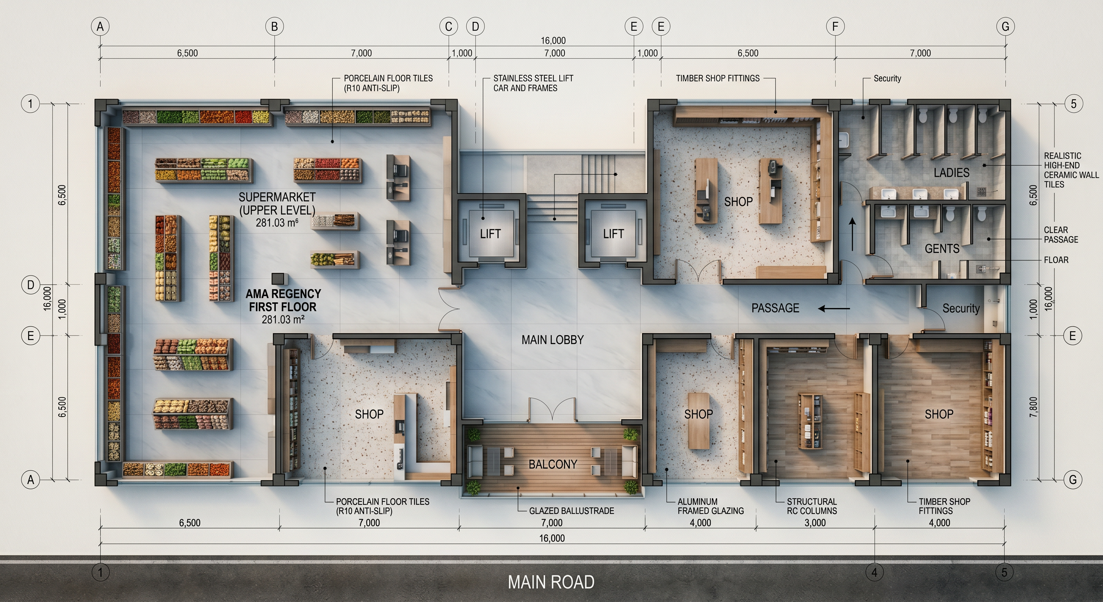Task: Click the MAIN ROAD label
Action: point(551,582)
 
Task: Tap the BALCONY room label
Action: point(553,464)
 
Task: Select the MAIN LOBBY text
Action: point(552,340)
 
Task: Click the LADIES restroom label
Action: point(951,173)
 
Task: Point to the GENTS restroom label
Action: point(942,248)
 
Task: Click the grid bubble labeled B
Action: point(275,27)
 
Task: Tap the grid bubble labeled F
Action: point(835,27)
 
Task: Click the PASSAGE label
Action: point(775,308)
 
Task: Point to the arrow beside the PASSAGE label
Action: point(834,308)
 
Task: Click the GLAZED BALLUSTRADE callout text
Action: point(571,511)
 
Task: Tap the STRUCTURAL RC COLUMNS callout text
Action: point(812,506)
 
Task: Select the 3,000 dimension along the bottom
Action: point(815,523)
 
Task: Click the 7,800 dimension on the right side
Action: point(1033,407)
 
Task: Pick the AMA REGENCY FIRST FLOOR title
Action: point(283,300)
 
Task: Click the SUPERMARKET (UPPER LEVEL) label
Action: point(277,203)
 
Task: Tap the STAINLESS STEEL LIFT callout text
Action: point(533,83)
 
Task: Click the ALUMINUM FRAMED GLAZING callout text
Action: point(711,506)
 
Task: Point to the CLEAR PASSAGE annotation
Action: point(1061,234)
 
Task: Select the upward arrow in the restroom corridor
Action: point(852,234)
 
